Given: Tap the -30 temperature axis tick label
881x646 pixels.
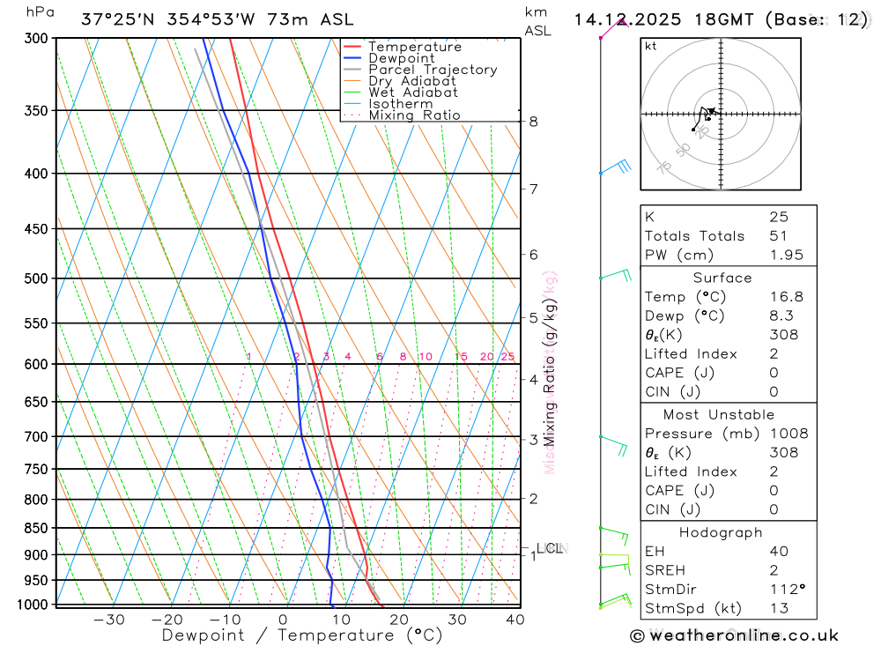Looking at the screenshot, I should (x=109, y=620).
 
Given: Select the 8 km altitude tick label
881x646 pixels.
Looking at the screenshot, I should (x=534, y=122).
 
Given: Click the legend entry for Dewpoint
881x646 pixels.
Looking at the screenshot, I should (x=402, y=58).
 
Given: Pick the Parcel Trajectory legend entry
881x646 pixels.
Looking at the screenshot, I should (x=433, y=70).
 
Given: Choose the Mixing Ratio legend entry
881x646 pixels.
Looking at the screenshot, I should (x=414, y=115).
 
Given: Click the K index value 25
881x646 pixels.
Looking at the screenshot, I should (x=778, y=217).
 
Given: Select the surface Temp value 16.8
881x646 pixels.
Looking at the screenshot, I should (x=786, y=297).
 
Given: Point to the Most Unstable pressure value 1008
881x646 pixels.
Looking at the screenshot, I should (x=788, y=434).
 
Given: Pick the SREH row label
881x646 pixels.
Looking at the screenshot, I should (x=665, y=570).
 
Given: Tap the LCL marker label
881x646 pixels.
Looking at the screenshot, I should (x=549, y=548).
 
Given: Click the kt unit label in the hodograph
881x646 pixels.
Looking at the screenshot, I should (x=651, y=47).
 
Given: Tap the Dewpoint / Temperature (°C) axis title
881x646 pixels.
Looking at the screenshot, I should (x=301, y=635).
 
